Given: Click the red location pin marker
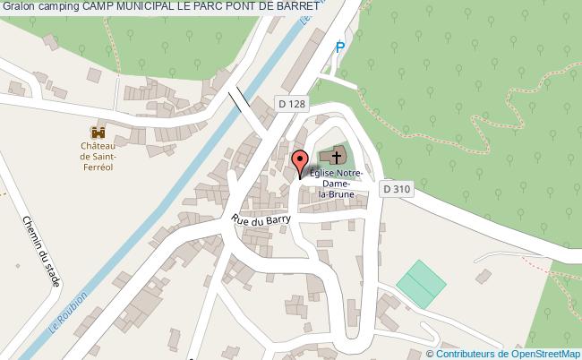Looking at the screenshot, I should (x=300, y=163).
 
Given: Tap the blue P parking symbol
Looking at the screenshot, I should (x=339, y=47).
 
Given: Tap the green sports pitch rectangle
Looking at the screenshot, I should (x=421, y=282).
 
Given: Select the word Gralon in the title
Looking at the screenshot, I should (x=19, y=6).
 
